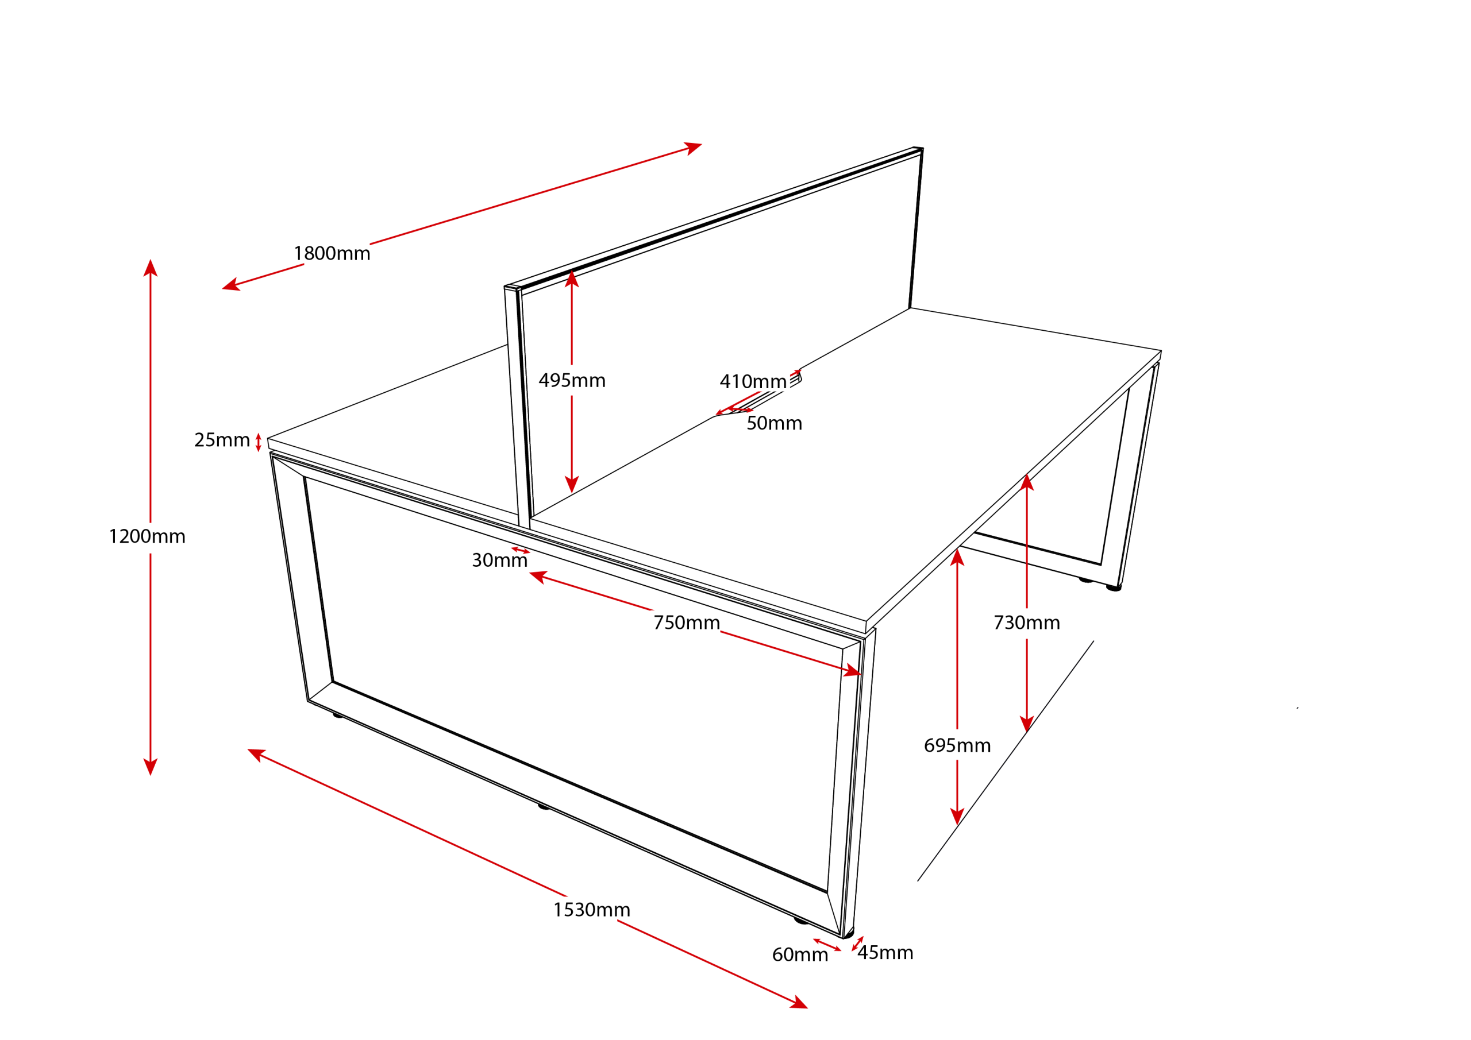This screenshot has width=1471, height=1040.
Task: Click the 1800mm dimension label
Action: pos(332,254)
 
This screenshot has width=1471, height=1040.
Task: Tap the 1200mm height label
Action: pos(147,536)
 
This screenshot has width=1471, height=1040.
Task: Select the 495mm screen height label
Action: pos(572,380)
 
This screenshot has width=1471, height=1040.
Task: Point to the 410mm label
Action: pos(753,382)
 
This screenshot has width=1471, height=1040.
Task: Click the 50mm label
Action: pos(775,423)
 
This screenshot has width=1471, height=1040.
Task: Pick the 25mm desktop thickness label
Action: pos(222,440)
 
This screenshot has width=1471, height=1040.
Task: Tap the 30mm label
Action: pos(500,560)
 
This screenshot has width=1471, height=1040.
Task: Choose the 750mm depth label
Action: pos(687,623)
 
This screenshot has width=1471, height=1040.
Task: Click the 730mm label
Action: pos(1027,623)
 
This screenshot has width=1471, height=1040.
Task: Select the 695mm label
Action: pos(957,745)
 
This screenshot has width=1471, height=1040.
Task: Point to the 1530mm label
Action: pos(592,910)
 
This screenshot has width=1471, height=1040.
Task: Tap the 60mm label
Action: pos(800,955)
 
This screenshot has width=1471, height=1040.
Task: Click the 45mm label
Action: pos(885,953)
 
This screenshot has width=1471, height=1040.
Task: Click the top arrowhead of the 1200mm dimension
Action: pos(151,267)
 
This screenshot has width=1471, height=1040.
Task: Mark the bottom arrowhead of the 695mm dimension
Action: pos(957,817)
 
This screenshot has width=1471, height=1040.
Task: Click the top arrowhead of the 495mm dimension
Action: pos(572,279)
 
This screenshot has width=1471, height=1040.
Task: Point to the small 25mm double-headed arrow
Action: pos(258,443)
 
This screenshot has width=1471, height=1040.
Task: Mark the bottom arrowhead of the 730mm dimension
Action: pos(1027,724)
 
